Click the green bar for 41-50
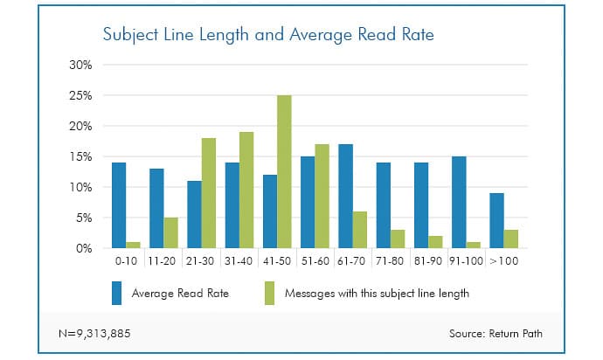point(284,171)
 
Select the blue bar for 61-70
point(344,196)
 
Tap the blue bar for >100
point(496,220)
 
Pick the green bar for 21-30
point(208,193)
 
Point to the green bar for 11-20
point(170,232)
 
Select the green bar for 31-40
point(246,190)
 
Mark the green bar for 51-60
point(322,196)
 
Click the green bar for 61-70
point(359,230)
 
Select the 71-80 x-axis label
point(390,261)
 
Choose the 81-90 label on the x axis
point(428,261)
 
